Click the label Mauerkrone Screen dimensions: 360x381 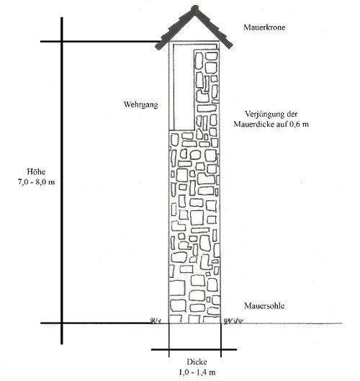pos(264,27)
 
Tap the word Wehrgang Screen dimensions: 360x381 pos(141,104)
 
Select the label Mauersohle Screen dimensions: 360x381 pos(264,305)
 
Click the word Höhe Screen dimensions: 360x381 pos(36,171)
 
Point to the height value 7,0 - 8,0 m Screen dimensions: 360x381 pos(37,182)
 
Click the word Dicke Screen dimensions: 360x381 pos(197,362)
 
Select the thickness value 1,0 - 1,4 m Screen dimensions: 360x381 pos(197,372)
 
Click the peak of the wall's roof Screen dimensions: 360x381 pos(194,9)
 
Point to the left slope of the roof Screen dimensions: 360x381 pos(175,28)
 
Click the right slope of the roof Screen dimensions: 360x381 pos(213,27)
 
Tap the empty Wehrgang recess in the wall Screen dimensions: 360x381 pos(184,87)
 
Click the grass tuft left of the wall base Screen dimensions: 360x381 pos(156,321)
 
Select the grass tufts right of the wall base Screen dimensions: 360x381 pos(233,321)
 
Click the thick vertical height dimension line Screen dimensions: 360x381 pos(62,181)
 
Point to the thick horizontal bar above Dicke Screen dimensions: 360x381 pos(194,349)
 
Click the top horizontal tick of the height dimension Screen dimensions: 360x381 pos(100,42)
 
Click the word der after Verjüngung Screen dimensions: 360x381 pos(292,114)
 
